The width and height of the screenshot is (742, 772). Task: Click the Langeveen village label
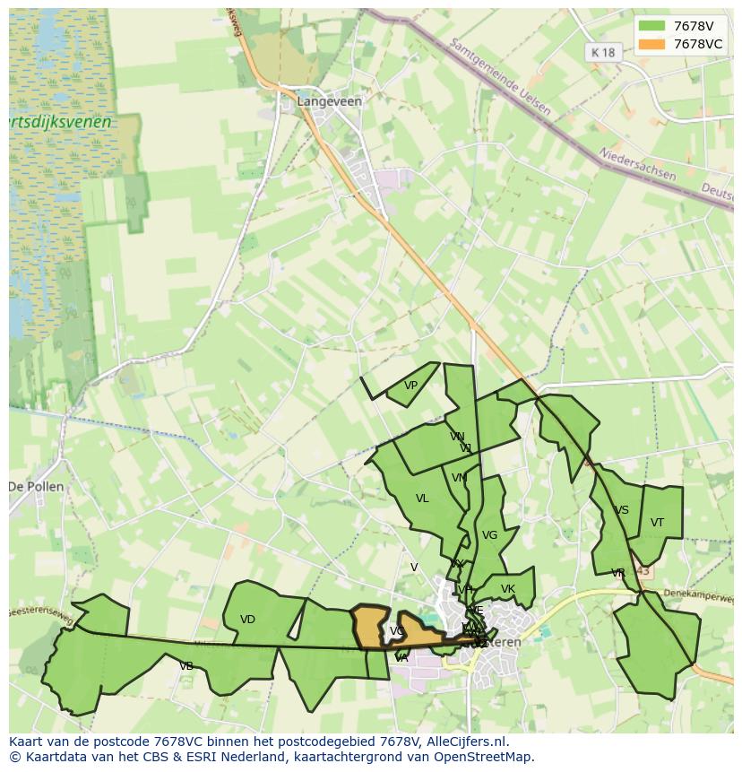pos(329,101)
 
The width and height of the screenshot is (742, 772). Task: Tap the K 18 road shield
pos(604,52)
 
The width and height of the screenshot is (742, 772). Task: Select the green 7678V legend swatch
pos(652,26)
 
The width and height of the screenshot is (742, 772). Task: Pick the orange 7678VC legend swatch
pos(652,44)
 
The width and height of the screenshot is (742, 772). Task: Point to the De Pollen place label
pos(36,487)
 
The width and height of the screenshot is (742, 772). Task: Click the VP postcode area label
pos(410,386)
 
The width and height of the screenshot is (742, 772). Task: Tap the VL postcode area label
pos(422,499)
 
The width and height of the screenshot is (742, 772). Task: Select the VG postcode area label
pos(489,535)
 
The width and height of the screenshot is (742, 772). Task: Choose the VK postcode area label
pos(508,589)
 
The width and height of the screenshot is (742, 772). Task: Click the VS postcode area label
pos(621,510)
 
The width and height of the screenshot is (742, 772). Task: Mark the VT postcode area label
pos(657,523)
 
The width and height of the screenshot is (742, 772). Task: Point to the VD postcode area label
pos(247,620)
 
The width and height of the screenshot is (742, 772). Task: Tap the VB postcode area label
pos(186,666)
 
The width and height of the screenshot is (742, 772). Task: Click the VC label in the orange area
pos(396,631)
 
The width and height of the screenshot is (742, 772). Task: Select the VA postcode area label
pos(401,657)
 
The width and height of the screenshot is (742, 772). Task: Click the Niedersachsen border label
pos(637,164)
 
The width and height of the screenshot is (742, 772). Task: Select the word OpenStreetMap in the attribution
pos(483,756)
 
